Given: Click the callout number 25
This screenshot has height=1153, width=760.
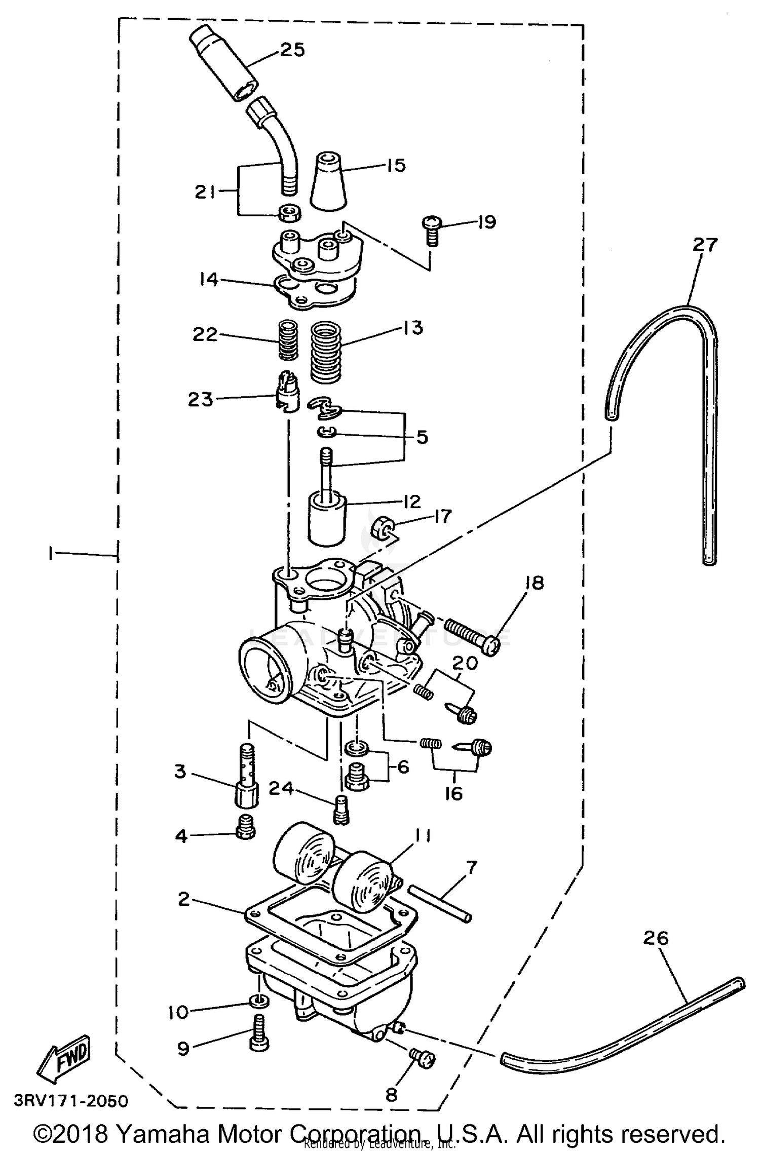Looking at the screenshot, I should [x=292, y=50].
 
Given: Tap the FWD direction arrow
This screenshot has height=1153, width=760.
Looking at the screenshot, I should [x=65, y=1057].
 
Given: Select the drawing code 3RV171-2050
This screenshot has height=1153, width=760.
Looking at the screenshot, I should [x=71, y=1101].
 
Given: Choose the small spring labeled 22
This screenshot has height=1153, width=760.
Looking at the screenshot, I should [x=289, y=340].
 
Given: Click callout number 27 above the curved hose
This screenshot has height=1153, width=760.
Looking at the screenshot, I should [x=705, y=245].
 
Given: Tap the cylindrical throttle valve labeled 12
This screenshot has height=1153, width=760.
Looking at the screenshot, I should [x=327, y=521].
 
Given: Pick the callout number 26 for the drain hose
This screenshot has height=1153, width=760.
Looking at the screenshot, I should [x=656, y=938].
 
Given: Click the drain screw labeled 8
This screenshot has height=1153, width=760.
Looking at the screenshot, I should [x=422, y=1058].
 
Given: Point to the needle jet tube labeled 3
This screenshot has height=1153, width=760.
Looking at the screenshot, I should [x=246, y=782].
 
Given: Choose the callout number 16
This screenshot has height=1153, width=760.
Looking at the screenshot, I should [x=453, y=793].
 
